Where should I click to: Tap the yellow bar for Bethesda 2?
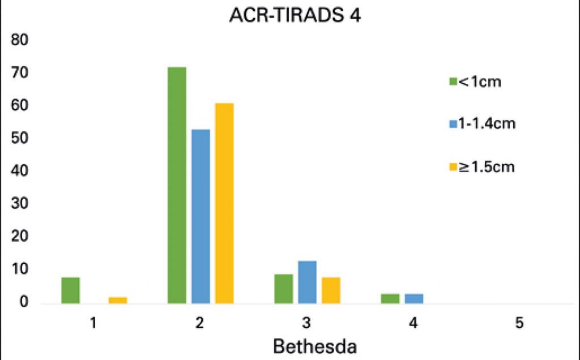224,203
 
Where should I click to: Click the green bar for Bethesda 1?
70,290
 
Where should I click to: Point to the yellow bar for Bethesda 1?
118,300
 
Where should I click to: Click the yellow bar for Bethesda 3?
331,290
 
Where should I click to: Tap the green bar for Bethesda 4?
390,298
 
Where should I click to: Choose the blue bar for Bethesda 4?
413,298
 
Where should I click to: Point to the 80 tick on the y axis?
20,40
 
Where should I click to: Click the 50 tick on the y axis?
20,139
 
